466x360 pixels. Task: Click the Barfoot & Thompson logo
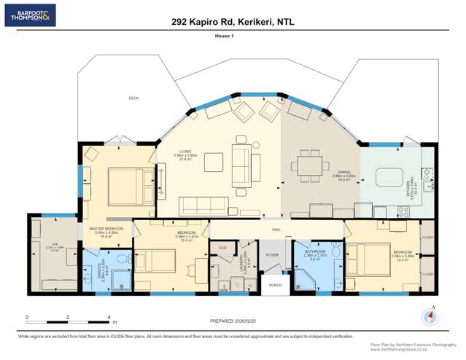tap(30, 15)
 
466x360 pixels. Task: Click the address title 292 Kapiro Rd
tap(233, 23)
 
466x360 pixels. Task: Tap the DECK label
tap(133, 98)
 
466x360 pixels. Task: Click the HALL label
tap(277, 230)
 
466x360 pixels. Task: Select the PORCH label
tap(275, 285)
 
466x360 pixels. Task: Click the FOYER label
tap(272, 255)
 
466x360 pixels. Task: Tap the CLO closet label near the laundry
tap(222, 248)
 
